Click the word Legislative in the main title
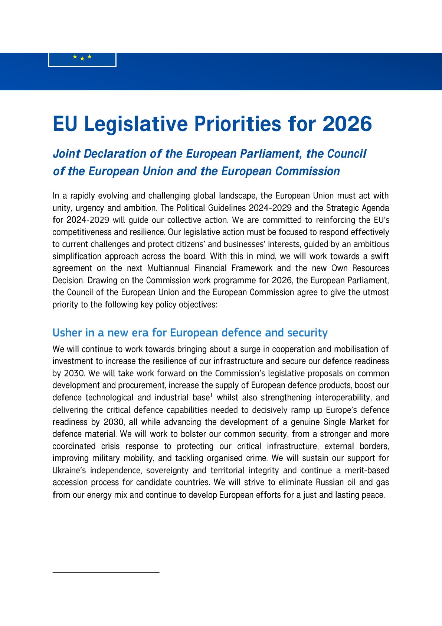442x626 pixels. [x=136, y=124]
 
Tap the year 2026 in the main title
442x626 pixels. [x=347, y=124]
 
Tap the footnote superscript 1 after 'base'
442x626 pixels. [x=211, y=396]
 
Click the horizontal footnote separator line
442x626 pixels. [x=106, y=572]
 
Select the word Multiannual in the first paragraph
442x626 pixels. [x=168, y=268]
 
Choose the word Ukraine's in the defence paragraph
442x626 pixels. [x=69, y=470]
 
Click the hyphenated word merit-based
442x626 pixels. [x=367, y=470]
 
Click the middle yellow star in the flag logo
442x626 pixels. [x=82, y=58]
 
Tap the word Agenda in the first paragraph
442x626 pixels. [x=376, y=208]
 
